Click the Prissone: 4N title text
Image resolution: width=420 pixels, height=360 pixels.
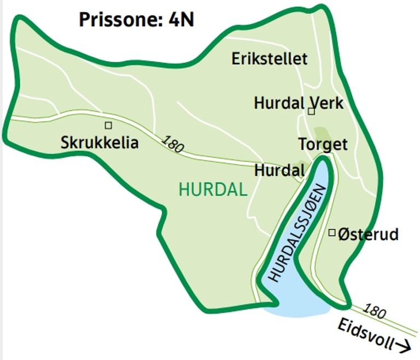pyautogui.click(x=137, y=20)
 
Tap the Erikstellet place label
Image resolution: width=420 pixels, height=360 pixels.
pyautogui.click(x=270, y=59)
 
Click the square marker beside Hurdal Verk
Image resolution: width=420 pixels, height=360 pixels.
pyautogui.click(x=311, y=111)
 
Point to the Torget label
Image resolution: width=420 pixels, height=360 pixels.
pyautogui.click(x=323, y=144)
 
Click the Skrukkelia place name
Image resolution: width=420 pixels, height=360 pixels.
pyautogui.click(x=100, y=143)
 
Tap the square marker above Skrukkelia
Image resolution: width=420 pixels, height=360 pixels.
pyautogui.click(x=108, y=125)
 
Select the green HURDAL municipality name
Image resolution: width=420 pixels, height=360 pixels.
pyautogui.click(x=213, y=190)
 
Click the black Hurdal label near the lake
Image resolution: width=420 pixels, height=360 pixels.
pyautogui.click(x=279, y=171)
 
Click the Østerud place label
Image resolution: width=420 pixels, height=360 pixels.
pyautogui.click(x=367, y=235)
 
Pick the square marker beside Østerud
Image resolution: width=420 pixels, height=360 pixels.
pyautogui.click(x=331, y=233)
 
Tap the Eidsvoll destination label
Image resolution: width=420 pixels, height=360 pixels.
pyautogui.click(x=366, y=335)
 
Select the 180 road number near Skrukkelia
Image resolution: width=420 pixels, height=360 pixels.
pyautogui.click(x=173, y=144)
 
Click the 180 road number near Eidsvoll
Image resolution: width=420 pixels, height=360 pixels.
pyautogui.click(x=375, y=311)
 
